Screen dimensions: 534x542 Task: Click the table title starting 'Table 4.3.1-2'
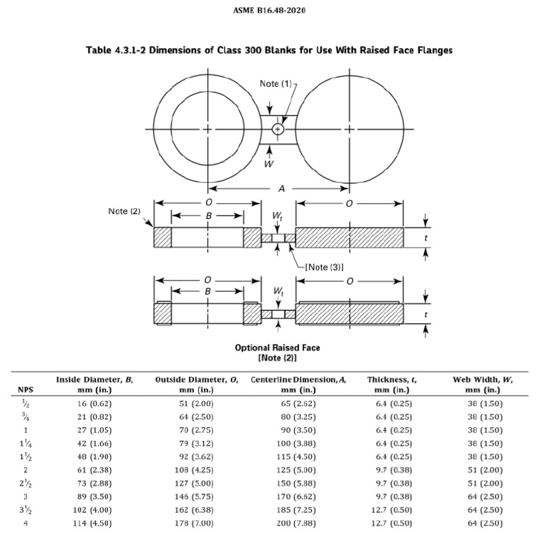point(269,50)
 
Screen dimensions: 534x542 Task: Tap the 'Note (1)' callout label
point(275,84)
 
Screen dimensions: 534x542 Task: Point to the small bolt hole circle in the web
point(278,129)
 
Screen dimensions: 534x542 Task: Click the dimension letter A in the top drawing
point(282,189)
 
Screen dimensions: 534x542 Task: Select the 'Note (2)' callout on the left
point(124,211)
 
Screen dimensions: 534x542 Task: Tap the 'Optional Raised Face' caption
point(277,348)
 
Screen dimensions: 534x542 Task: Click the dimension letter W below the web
point(268,163)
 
